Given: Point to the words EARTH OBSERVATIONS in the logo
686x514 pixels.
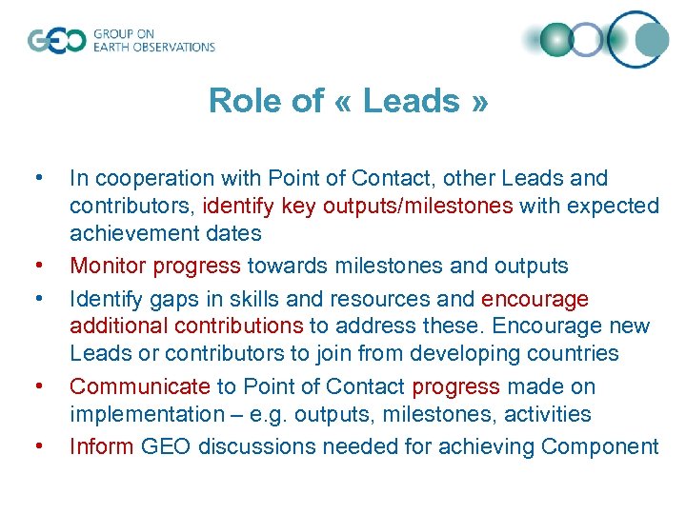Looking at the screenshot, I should click(x=154, y=47).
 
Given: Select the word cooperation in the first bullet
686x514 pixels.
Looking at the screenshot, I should click(x=151, y=178).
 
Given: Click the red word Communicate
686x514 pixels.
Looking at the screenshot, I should click(x=139, y=386).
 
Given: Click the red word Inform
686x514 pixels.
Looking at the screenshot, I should click(x=100, y=446).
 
